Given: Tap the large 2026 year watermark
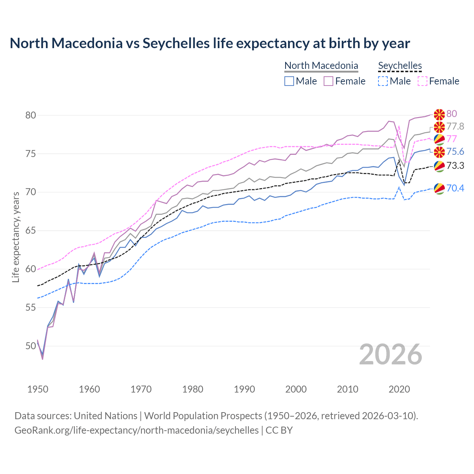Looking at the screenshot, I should point(391,354).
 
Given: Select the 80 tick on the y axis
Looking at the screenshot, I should point(31,115).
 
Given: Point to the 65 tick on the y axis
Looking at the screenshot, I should point(31,231).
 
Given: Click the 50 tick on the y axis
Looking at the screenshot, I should point(31,346).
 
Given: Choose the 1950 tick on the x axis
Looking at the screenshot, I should point(38,389).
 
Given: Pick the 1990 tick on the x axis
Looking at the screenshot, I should point(244,389).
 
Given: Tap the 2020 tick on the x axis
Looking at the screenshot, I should point(399,389).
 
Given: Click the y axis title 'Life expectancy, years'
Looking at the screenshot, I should point(16,237).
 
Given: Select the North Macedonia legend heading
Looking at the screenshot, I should point(321,66).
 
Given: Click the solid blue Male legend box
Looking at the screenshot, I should point(289,81).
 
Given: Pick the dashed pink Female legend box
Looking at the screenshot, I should point(423,81).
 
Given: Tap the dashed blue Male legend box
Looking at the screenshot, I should point(383,81).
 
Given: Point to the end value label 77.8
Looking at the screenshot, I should point(455,127).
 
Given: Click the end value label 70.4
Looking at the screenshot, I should point(455,188).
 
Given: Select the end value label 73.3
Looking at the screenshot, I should point(455,166).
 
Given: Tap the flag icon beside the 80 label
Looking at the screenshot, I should point(439,114).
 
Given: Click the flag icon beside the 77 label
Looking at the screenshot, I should point(439,140).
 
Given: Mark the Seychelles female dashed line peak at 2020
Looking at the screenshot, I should point(399,126).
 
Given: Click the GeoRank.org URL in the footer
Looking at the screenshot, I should point(136,430).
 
